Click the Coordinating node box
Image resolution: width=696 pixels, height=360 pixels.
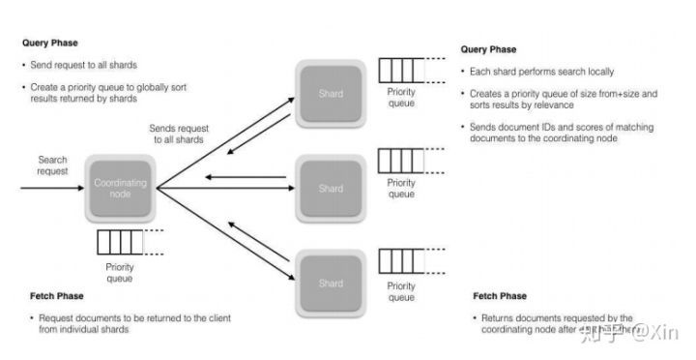point(121,188)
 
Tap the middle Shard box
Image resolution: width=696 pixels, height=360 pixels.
point(331,189)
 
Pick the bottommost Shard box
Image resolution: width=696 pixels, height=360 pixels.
point(331,283)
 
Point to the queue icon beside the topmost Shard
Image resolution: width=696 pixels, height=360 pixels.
point(400,71)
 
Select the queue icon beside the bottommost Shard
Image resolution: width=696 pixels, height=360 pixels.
point(400,260)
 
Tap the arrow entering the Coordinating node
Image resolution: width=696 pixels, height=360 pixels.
point(48,188)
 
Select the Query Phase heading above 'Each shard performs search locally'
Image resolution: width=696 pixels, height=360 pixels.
point(488,49)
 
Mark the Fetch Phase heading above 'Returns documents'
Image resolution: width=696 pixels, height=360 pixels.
point(500,296)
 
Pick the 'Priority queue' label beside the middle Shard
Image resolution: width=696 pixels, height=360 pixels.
point(401,188)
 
